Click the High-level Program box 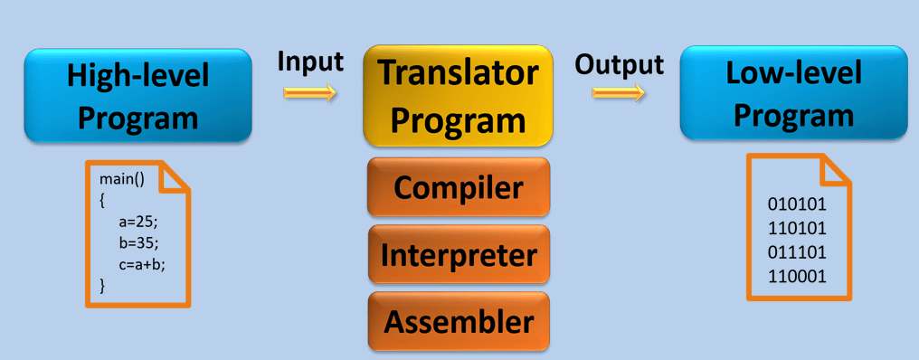click(137, 95)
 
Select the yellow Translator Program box click(457, 95)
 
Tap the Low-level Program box click(792, 93)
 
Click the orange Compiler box click(459, 188)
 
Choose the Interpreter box click(459, 255)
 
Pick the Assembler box click(459, 321)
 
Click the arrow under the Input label click(309, 92)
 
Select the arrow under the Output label click(619, 92)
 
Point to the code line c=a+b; click(142, 264)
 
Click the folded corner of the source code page click(175, 175)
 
